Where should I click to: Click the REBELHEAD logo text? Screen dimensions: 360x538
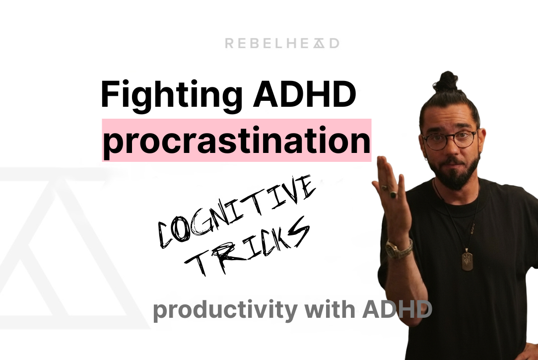[282, 44]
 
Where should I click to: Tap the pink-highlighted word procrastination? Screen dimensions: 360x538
[236, 141]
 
